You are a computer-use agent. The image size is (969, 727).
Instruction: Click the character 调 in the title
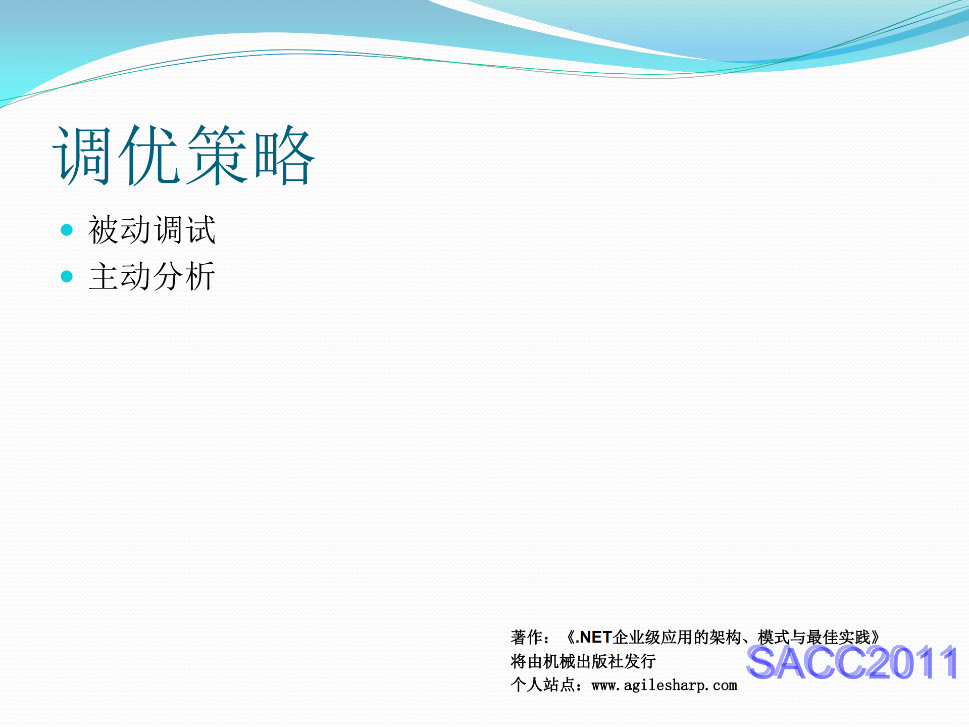coord(82,155)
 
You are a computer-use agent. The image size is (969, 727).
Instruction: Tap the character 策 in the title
coord(218,155)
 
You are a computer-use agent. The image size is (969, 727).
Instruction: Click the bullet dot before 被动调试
coord(67,230)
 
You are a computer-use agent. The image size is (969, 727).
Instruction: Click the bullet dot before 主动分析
coord(67,276)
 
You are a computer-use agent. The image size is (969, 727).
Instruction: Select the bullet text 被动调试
coord(152,230)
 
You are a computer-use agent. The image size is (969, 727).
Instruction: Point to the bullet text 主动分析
coord(152,276)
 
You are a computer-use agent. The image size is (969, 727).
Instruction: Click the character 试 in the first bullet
coord(200,230)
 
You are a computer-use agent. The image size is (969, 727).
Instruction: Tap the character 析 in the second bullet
coord(200,276)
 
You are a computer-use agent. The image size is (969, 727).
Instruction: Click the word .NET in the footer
coord(594,638)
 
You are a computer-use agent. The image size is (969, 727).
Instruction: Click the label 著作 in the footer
coord(526,638)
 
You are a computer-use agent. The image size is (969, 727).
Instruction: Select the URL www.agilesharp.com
coord(664,686)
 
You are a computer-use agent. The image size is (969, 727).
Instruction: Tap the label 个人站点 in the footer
coord(542,685)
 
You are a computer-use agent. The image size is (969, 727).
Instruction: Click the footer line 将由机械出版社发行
coord(583,661)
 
